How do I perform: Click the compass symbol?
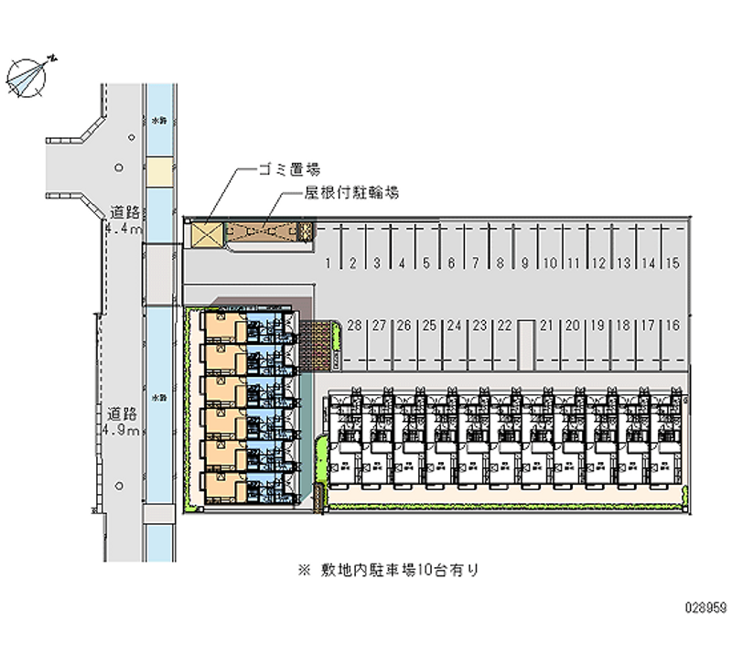29,76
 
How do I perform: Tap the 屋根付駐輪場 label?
351,194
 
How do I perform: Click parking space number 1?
328,263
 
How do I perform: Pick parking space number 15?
673,263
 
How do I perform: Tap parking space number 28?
354,325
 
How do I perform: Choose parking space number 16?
673,325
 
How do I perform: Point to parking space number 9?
525,263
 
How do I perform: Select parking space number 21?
547,325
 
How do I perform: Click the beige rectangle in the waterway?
160,170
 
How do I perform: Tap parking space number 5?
426,263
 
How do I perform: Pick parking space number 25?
428,325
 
